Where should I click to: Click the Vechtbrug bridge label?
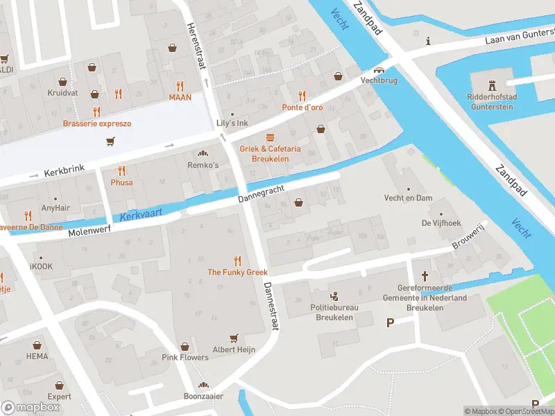click(x=378, y=80)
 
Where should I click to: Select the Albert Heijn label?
click(x=234, y=349)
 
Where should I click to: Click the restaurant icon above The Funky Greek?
click(x=238, y=261)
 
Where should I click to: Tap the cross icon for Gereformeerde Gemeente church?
click(x=426, y=276)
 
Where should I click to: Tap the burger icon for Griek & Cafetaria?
click(x=270, y=137)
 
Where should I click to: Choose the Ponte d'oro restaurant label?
click(x=302, y=107)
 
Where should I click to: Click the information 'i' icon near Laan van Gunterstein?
click(x=429, y=41)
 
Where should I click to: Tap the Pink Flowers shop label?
click(x=185, y=357)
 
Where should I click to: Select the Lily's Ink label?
click(x=232, y=122)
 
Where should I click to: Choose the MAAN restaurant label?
click(x=180, y=97)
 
